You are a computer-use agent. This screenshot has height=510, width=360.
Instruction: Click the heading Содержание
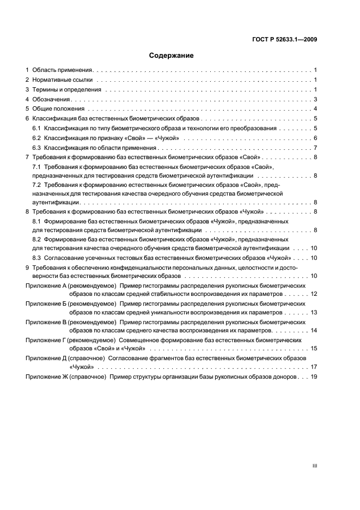coord(172,55)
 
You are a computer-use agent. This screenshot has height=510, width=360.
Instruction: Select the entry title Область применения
coord(63,70)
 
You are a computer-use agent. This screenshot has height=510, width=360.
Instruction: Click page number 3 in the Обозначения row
coord(315,99)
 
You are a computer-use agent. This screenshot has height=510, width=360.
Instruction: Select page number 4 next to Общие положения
coord(315,108)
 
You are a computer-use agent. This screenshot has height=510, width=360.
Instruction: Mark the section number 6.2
coord(37,138)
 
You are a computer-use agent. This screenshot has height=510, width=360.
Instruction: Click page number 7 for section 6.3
coord(315,148)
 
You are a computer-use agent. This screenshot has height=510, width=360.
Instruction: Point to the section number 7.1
coord(37,166)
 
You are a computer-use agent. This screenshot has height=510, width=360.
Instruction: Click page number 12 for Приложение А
coord(314,294)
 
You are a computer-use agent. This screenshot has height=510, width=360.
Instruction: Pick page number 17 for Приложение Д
coord(314,367)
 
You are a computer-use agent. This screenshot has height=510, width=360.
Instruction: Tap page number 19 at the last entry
coord(314,377)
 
